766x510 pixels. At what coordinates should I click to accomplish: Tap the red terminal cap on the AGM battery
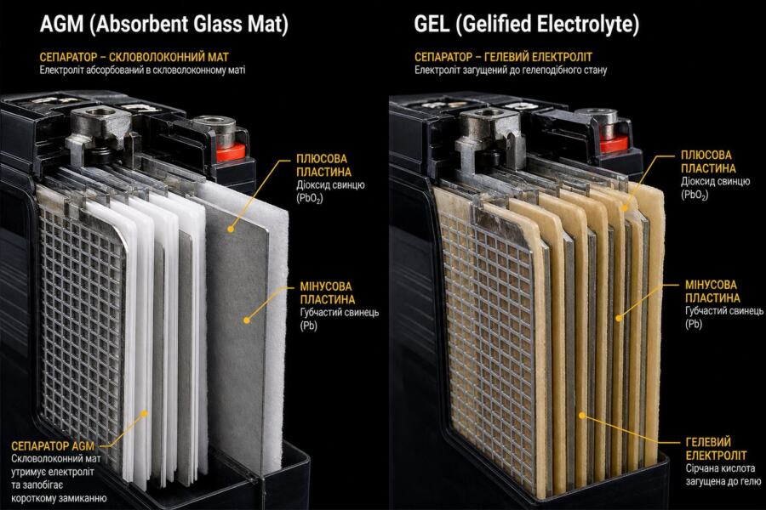click(230, 153)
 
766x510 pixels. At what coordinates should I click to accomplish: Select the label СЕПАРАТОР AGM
click(53, 446)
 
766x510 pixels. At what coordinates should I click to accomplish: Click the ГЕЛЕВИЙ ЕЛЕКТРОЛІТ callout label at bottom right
click(716, 449)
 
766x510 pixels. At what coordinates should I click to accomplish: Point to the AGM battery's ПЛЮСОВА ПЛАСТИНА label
click(323, 166)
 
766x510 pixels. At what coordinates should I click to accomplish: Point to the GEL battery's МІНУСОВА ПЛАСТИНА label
click(712, 292)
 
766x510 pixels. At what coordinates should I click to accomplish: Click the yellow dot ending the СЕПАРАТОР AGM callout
click(144, 413)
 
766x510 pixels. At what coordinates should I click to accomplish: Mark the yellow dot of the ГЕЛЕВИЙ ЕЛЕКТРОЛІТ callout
click(582, 416)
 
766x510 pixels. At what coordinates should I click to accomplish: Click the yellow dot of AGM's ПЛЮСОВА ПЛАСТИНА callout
click(230, 229)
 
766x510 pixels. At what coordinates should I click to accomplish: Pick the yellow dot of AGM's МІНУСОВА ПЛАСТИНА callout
click(247, 320)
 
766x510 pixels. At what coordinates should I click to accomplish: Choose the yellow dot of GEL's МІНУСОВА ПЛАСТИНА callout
click(619, 318)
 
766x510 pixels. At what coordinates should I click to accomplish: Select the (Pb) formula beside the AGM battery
click(309, 326)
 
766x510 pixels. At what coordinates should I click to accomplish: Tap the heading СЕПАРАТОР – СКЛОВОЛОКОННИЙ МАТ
click(134, 57)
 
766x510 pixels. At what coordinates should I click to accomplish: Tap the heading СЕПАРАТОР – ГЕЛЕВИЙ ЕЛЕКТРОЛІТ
click(503, 57)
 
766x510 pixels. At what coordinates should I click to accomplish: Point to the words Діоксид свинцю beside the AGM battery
click(330, 185)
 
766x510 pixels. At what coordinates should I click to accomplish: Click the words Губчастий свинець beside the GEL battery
click(724, 311)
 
